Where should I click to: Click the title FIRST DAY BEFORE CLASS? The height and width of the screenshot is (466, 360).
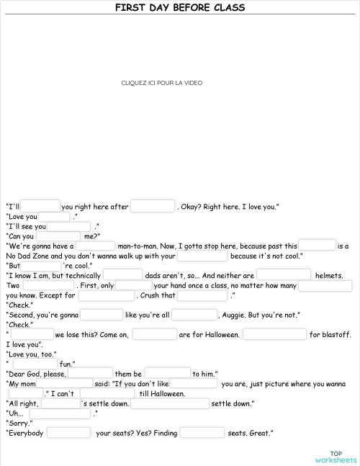tap(180, 8)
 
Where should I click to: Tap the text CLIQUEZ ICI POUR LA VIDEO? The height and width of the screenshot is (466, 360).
tap(162, 84)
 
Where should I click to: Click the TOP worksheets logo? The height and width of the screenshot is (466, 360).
tap(335, 456)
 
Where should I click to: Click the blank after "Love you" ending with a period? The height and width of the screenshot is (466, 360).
tap(54, 216)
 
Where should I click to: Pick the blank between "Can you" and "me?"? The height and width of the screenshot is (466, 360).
tap(59, 236)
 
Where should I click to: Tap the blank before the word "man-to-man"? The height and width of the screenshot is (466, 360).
tap(95, 246)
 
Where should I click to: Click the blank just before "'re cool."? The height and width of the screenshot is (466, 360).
tap(42, 265)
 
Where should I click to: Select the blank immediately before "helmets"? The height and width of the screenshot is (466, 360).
tap(284, 275)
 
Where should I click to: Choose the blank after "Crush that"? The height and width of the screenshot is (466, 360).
tap(202, 295)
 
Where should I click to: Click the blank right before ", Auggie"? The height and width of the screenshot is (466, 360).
tap(194, 315)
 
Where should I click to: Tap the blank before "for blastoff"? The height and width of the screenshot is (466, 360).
tap(274, 334)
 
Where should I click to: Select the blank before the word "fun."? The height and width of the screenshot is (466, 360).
tap(35, 364)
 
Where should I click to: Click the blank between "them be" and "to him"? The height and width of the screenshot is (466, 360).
tap(167, 374)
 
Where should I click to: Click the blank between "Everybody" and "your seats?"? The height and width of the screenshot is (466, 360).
tap(69, 433)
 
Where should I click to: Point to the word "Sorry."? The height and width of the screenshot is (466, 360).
tap(19, 424)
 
